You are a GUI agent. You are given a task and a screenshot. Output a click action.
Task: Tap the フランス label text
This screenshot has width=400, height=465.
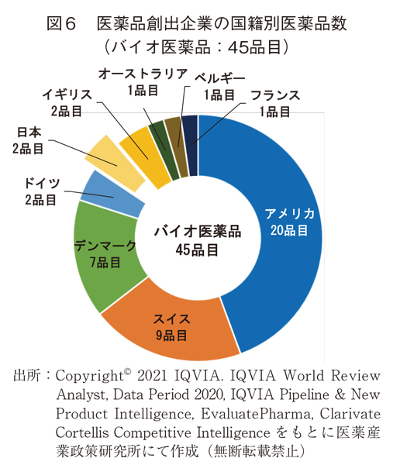point(274,96)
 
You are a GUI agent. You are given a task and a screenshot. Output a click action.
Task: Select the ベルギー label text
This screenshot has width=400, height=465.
point(219,79)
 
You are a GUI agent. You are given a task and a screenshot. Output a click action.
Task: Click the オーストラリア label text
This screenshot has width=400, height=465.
point(143,74)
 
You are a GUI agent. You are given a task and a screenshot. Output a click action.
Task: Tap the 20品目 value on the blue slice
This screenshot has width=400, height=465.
point(289,230)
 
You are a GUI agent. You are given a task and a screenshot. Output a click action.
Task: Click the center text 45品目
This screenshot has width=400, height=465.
point(196,250)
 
